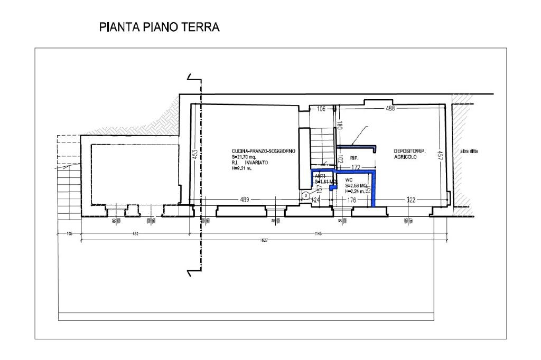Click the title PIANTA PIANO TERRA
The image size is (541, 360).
pyautogui.click(x=159, y=27)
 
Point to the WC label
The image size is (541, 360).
pyautogui.click(x=348, y=180)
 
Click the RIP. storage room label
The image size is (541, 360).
pyautogui.click(x=355, y=158)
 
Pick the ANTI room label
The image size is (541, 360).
pyautogui.click(x=320, y=176)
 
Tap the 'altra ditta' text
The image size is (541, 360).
pyautogui.click(x=469, y=152)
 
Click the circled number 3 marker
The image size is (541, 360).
pyautogui.click(x=306, y=195)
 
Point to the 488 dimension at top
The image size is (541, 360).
pyautogui.click(x=390, y=109)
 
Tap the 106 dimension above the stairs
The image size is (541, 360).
pyautogui.click(x=321, y=109)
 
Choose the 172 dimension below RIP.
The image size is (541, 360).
pyautogui.click(x=356, y=167)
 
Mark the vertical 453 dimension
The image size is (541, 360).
pyautogui.click(x=194, y=154)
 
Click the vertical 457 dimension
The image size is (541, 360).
pyautogui.click(x=439, y=155)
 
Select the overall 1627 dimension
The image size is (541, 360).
pyautogui.click(x=264, y=241)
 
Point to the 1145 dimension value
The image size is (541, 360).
pyautogui.click(x=318, y=233)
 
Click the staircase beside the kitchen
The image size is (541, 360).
pyautogui.click(x=320, y=148)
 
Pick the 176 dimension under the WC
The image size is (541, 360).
pyautogui.click(x=351, y=200)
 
